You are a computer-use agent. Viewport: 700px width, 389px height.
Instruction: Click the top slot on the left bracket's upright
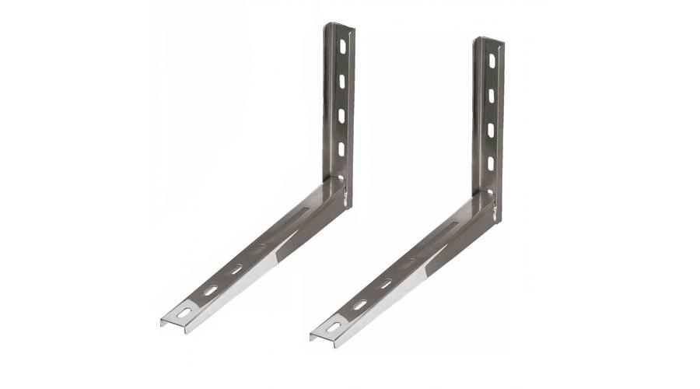[342, 47]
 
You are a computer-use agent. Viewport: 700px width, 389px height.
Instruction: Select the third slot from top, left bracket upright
[342, 115]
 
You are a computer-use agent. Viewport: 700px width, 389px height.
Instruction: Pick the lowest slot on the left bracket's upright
[342, 149]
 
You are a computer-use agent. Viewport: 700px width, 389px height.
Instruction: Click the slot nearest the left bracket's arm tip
[184, 312]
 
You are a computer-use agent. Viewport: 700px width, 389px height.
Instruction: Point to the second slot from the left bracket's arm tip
[210, 291]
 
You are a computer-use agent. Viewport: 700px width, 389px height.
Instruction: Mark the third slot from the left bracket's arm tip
[236, 269]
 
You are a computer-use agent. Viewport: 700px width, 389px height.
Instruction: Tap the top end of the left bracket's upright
[340, 26]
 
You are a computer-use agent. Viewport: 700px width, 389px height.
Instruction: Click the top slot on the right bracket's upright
[492, 61]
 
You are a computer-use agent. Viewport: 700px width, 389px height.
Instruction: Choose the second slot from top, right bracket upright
[492, 95]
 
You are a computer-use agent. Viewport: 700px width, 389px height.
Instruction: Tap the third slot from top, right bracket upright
[492, 129]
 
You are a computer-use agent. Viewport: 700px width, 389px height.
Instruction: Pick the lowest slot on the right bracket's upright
[492, 163]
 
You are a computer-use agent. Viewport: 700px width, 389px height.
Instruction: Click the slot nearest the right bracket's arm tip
[334, 326]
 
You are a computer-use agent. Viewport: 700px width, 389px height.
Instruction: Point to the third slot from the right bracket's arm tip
[385, 284]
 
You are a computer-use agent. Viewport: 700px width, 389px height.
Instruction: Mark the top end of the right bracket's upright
[489, 40]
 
